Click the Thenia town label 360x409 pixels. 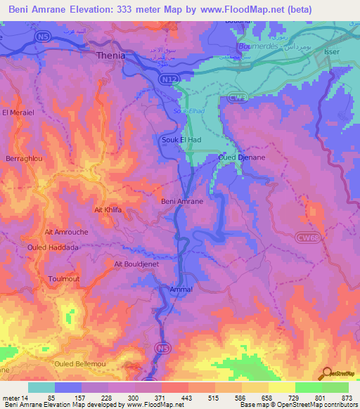point(110,56)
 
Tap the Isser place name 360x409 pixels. point(333,52)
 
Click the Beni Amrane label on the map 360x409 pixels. point(182,201)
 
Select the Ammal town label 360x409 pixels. point(181,289)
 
